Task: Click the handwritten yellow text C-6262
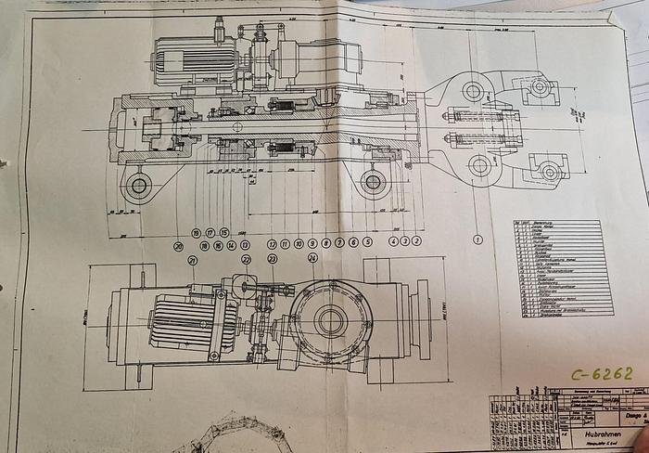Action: click(x=603, y=374)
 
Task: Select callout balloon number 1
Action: click(x=477, y=239)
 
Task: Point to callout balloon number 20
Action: click(x=178, y=247)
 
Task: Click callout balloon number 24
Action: click(x=312, y=258)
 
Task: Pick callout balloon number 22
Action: click(x=247, y=260)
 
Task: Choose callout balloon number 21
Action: click(x=193, y=261)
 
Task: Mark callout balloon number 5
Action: click(x=367, y=242)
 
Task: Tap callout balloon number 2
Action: click(x=415, y=240)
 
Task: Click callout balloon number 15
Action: click(x=224, y=232)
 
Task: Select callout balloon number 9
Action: click(x=312, y=243)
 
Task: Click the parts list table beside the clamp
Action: click(x=562, y=267)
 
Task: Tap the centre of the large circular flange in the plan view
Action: click(x=329, y=322)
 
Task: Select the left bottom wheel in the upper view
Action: click(x=139, y=186)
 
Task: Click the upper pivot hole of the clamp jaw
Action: click(x=473, y=91)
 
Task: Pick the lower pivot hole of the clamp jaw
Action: click(x=479, y=166)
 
